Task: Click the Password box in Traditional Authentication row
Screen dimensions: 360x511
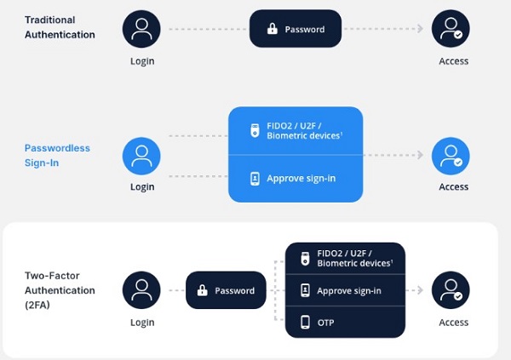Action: pos(295,29)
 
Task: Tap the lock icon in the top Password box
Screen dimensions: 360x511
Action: pos(272,29)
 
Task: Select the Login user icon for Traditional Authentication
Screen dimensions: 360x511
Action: pos(142,29)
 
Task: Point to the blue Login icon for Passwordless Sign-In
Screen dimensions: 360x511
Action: pos(142,155)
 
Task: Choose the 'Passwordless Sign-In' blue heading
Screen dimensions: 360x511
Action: pos(57,155)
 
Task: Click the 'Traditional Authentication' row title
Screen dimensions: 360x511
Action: pos(60,27)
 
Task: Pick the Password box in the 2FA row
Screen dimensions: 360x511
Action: pos(226,290)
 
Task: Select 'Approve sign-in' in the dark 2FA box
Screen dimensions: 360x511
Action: pos(349,290)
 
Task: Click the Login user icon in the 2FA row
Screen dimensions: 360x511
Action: pos(142,290)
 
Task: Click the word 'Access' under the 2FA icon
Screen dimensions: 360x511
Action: pos(453,323)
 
